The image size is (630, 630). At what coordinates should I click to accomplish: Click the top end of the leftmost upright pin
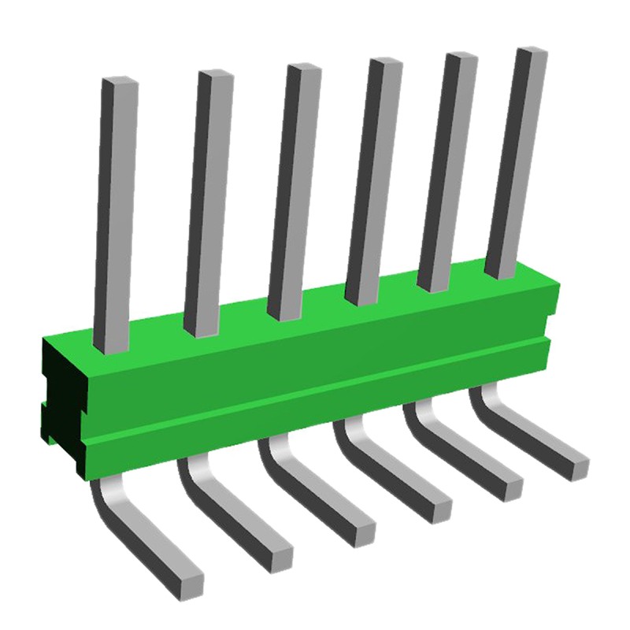(x=120, y=81)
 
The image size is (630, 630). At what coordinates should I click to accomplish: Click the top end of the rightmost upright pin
(x=530, y=52)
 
